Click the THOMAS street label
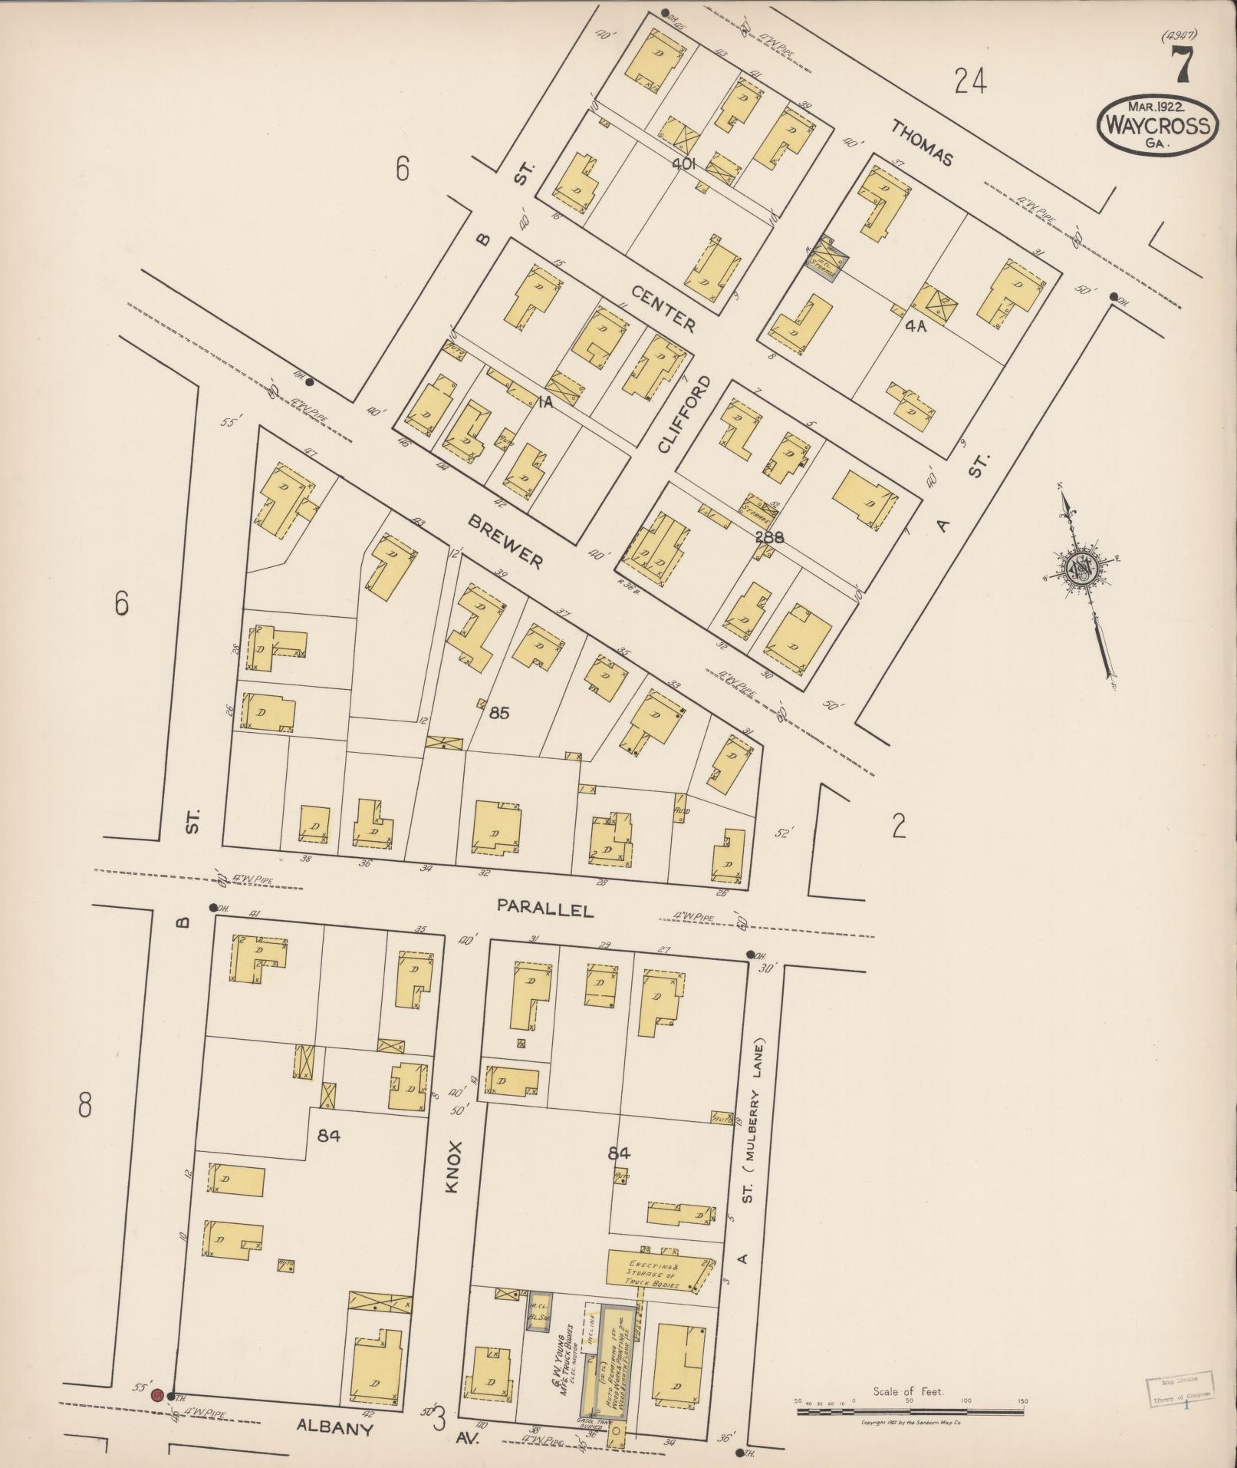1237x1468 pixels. point(923,144)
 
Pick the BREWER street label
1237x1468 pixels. point(505,542)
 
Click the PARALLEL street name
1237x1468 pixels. point(545,909)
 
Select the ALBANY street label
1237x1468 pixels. point(334,1429)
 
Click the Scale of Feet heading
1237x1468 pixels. point(908,1391)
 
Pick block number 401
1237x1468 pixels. point(683,163)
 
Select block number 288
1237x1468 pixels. point(768,537)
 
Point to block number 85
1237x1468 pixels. point(499,713)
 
